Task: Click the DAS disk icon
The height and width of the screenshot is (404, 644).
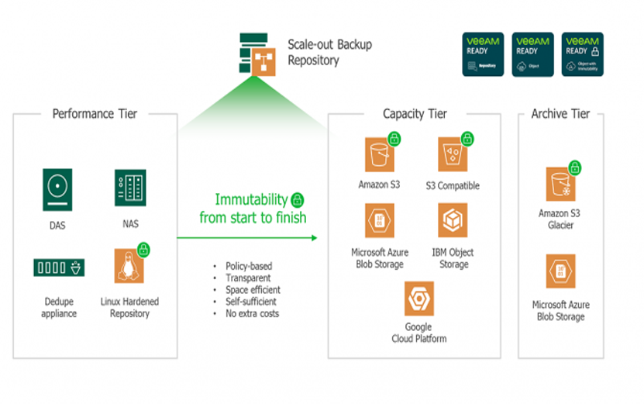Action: click(x=57, y=189)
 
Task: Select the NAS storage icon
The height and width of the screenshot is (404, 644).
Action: click(x=129, y=188)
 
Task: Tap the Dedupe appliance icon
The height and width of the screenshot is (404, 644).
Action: click(x=59, y=268)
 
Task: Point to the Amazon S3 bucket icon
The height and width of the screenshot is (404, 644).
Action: click(x=381, y=155)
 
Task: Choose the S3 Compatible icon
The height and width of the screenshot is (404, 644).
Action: click(x=453, y=155)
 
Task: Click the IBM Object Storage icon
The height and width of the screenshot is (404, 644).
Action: click(x=453, y=221)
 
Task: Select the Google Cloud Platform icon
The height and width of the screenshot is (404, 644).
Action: click(x=418, y=299)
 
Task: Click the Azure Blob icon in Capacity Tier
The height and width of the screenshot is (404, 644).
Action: click(x=381, y=221)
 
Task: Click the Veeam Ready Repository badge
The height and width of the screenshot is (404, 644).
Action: click(x=483, y=54)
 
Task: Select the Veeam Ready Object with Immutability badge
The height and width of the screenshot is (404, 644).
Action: click(x=582, y=54)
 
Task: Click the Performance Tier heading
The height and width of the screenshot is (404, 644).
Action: click(x=95, y=114)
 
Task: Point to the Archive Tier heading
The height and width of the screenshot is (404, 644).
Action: click(x=560, y=114)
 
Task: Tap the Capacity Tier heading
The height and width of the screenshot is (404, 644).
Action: click(x=415, y=114)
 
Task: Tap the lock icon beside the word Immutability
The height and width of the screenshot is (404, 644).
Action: click(x=297, y=200)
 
